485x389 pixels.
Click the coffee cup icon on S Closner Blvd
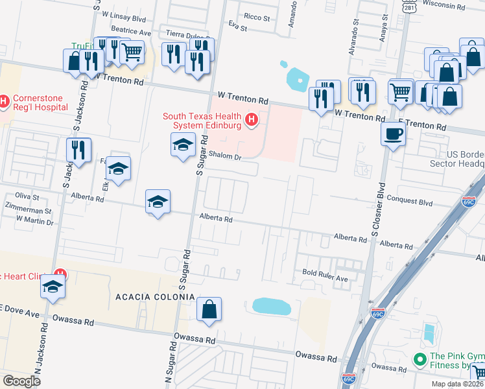point(393,135)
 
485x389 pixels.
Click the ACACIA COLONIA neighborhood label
point(155,297)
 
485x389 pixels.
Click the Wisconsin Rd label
point(444,5)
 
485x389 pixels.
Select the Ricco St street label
point(257,18)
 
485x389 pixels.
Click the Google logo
point(22,381)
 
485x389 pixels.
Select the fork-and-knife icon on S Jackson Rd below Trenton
point(78,150)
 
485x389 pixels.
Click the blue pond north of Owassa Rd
point(272,306)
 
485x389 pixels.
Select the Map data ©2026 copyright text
point(456,384)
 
